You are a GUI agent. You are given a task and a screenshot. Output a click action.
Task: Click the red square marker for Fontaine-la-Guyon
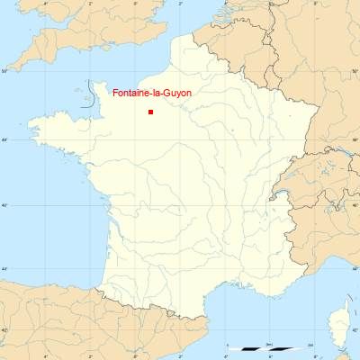[x=150, y=112]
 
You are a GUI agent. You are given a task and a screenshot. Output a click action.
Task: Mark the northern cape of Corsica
[x=345, y=302]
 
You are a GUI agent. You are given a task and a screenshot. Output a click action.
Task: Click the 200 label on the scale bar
[x=310, y=344]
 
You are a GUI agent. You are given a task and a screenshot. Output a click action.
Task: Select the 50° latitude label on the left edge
[x=4, y=70]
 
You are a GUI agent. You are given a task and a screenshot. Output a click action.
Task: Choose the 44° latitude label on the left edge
[x=4, y=269]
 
